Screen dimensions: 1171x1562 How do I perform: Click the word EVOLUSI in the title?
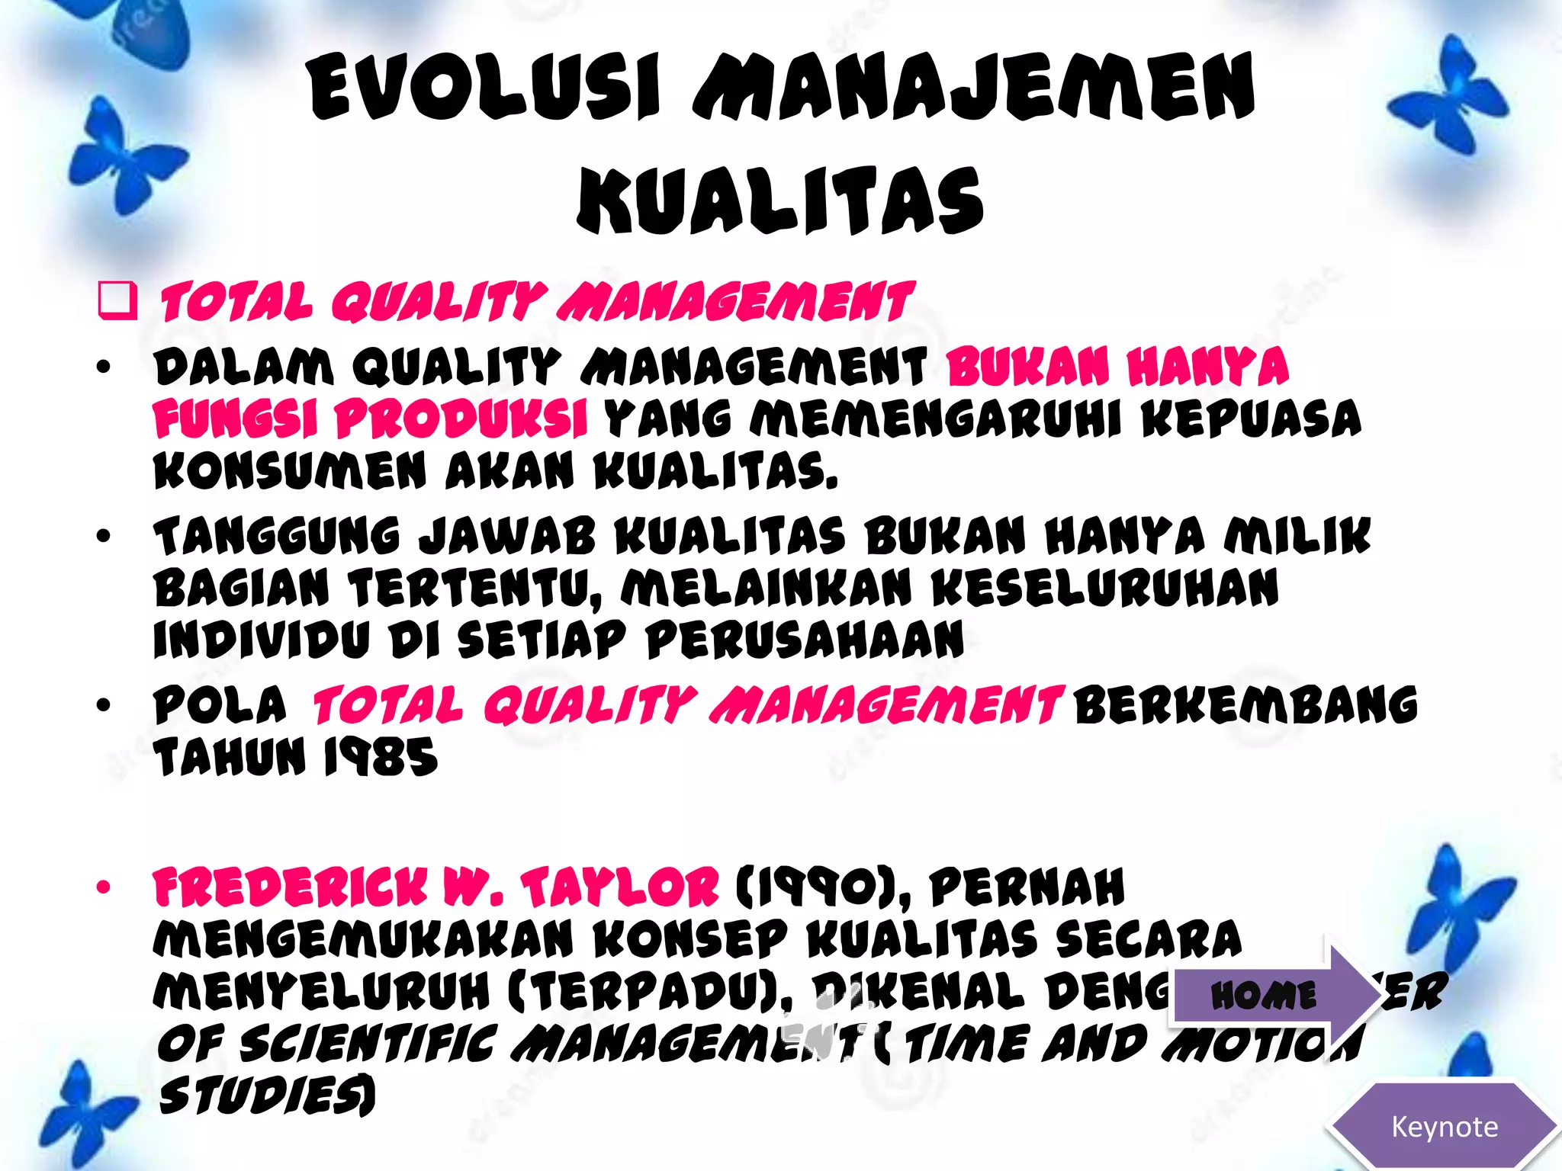(x=485, y=88)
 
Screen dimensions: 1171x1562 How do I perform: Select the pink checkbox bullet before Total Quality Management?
(x=118, y=300)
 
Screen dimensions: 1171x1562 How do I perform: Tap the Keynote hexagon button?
(x=1444, y=1127)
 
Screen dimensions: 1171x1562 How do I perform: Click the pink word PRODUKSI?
(x=461, y=419)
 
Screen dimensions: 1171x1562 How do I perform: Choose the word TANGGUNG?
(x=277, y=536)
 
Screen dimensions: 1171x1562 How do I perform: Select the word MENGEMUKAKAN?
(x=363, y=939)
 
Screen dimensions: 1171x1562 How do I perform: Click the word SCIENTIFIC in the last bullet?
(x=368, y=1044)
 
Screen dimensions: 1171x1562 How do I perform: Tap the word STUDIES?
(x=267, y=1096)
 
